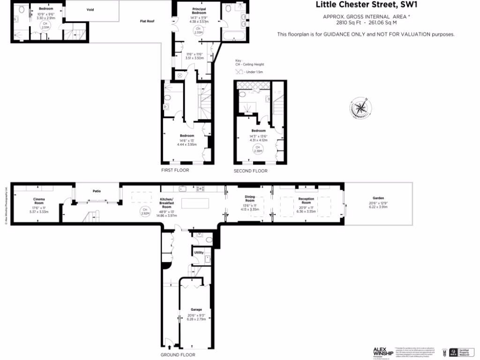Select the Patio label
pos(97,191)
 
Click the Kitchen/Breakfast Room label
pos(167,203)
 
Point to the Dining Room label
pos(249,199)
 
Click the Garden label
pos(378,198)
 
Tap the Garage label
pos(196,309)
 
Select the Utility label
pos(199,252)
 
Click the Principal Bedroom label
pos(199,11)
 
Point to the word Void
pos(90,9)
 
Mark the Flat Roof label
pos(147,21)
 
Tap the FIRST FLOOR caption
pos(175,170)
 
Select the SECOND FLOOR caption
pos(251,171)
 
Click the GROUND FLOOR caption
pos(178,355)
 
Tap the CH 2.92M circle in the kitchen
pos(145,210)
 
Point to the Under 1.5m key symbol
pos(240,72)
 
